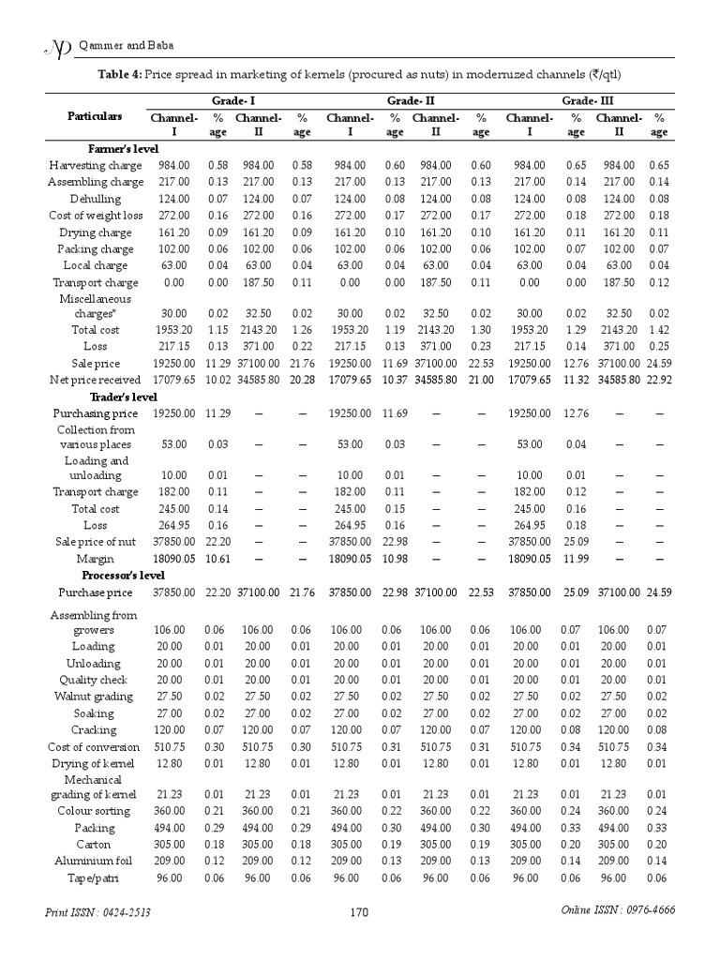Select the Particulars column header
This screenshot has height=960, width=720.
tap(95, 116)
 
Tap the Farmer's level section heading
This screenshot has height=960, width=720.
tap(123, 149)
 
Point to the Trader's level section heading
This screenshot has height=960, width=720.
tap(123, 397)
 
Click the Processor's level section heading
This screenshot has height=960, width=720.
tap(124, 575)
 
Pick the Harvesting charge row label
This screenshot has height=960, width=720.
tap(96, 165)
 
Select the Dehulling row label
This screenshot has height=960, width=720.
tap(96, 199)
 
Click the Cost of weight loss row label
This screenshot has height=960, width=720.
tap(96, 216)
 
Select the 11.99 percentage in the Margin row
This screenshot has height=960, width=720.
tap(577, 559)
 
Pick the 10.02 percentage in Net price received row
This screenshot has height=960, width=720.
tap(217, 380)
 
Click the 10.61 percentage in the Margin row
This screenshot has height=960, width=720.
tap(217, 559)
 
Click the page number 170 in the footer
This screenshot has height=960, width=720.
tap(360, 911)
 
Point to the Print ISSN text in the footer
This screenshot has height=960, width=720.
tap(98, 912)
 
